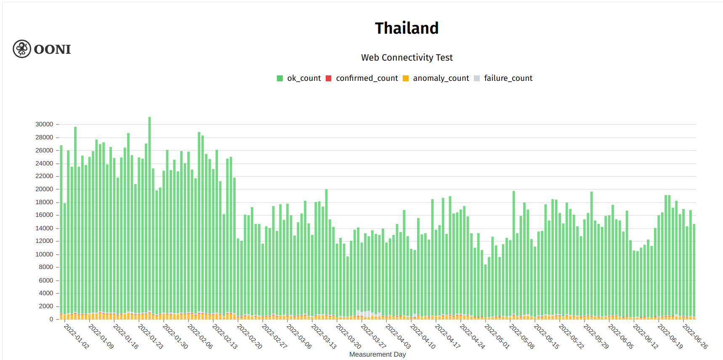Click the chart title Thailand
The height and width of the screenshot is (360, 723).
(x=407, y=28)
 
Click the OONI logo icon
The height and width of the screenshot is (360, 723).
(x=22, y=49)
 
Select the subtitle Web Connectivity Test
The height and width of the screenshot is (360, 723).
(x=407, y=58)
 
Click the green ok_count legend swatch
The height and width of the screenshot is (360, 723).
(x=280, y=78)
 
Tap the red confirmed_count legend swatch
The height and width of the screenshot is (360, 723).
(x=329, y=78)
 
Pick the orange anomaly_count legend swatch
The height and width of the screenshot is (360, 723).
(x=406, y=78)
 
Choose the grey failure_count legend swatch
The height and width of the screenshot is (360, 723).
(x=477, y=78)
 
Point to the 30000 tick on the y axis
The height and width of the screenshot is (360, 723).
(x=44, y=124)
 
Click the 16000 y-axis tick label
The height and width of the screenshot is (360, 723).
(x=44, y=215)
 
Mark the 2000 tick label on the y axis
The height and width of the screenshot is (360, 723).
(x=46, y=306)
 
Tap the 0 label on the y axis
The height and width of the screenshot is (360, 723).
(x=51, y=319)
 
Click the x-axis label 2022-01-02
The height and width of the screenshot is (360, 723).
(x=77, y=336)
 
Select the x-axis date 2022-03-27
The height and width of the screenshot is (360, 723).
(x=373, y=336)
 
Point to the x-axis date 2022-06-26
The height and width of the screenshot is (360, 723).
(x=695, y=336)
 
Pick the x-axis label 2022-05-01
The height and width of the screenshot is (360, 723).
(x=497, y=336)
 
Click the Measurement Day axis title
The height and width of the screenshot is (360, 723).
(x=377, y=355)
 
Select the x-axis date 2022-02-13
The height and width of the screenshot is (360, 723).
(x=225, y=336)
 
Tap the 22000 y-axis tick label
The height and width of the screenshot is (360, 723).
(x=44, y=176)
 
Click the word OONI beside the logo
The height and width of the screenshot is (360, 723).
(x=52, y=49)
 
